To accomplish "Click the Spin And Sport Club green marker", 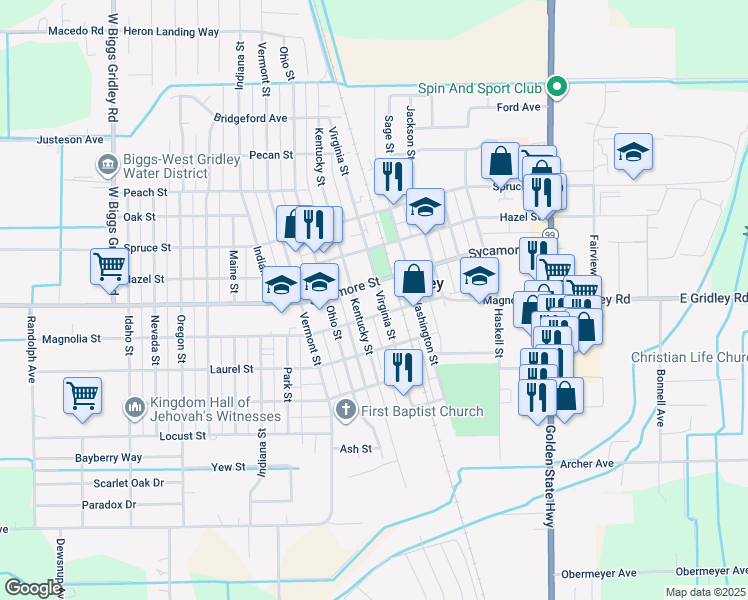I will tap(561, 88).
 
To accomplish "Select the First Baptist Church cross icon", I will tap(345, 410).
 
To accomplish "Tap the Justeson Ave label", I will tap(70, 140).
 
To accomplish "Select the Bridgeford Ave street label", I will tap(250, 118).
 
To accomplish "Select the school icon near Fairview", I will tap(633, 152).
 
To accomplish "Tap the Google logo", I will tap(32, 588).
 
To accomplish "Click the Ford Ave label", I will tap(518, 107).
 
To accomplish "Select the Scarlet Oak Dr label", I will tap(129, 482).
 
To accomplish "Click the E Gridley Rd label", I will tap(713, 298).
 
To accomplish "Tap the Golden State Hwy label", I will tap(549, 480).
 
